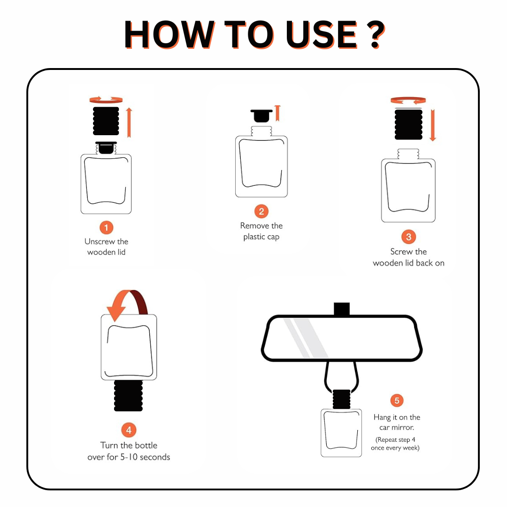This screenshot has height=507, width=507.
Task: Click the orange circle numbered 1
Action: (x=106, y=227)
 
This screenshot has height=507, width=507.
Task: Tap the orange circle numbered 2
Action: (x=261, y=211)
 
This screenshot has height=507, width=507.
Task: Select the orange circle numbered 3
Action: (x=408, y=237)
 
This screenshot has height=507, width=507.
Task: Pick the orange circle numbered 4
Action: (x=129, y=430)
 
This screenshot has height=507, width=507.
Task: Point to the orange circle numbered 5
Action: (x=397, y=400)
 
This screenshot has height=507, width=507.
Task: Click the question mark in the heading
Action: (x=376, y=34)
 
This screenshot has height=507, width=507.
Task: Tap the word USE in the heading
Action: (x=322, y=34)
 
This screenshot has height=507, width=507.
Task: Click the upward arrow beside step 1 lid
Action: (x=129, y=123)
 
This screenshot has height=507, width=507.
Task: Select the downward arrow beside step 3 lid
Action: (x=433, y=125)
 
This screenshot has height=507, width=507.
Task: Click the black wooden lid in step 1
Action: (x=106, y=121)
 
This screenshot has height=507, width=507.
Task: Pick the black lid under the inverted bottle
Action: (x=128, y=395)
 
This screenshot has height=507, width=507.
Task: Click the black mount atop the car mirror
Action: (x=342, y=309)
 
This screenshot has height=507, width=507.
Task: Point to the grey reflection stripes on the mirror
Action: (x=305, y=338)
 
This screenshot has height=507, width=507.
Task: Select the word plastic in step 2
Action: (x=254, y=237)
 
